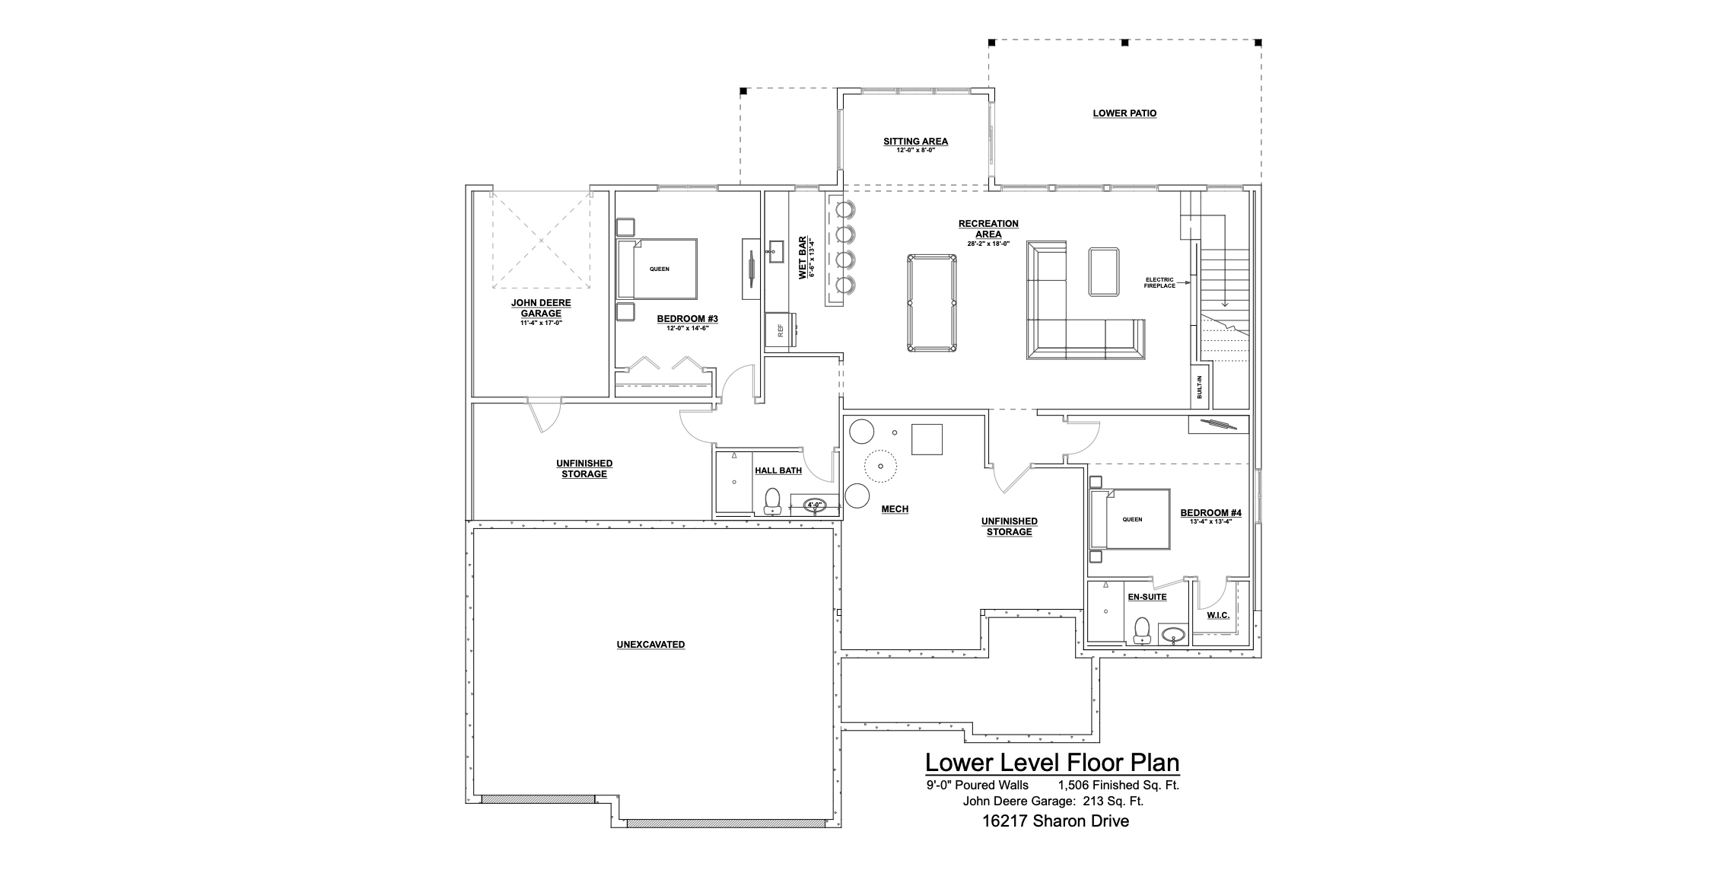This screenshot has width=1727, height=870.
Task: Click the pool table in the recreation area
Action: [932, 303]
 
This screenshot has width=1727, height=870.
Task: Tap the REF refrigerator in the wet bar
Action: [780, 330]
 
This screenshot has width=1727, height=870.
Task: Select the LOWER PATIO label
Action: [1124, 113]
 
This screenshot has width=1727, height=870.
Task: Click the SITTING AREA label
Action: [915, 142]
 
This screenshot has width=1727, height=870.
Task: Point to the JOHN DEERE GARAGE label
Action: [541, 308]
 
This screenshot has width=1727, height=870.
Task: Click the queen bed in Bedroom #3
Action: [657, 269]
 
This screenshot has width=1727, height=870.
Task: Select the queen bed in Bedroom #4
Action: [1130, 519]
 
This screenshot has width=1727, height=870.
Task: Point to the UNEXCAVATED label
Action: [650, 645]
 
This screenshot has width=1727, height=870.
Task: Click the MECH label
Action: [895, 509]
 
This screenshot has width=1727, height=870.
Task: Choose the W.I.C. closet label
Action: [1218, 615]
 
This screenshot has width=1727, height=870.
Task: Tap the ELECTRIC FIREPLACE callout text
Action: [1159, 282]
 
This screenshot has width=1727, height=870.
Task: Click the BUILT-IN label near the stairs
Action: [1200, 387]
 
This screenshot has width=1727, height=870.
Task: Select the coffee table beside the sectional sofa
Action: [1104, 271]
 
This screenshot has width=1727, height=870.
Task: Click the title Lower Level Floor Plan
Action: [1052, 763]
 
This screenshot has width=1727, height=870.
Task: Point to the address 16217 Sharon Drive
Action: [1055, 821]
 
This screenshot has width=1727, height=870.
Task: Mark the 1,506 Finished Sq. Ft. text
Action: [1118, 786]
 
